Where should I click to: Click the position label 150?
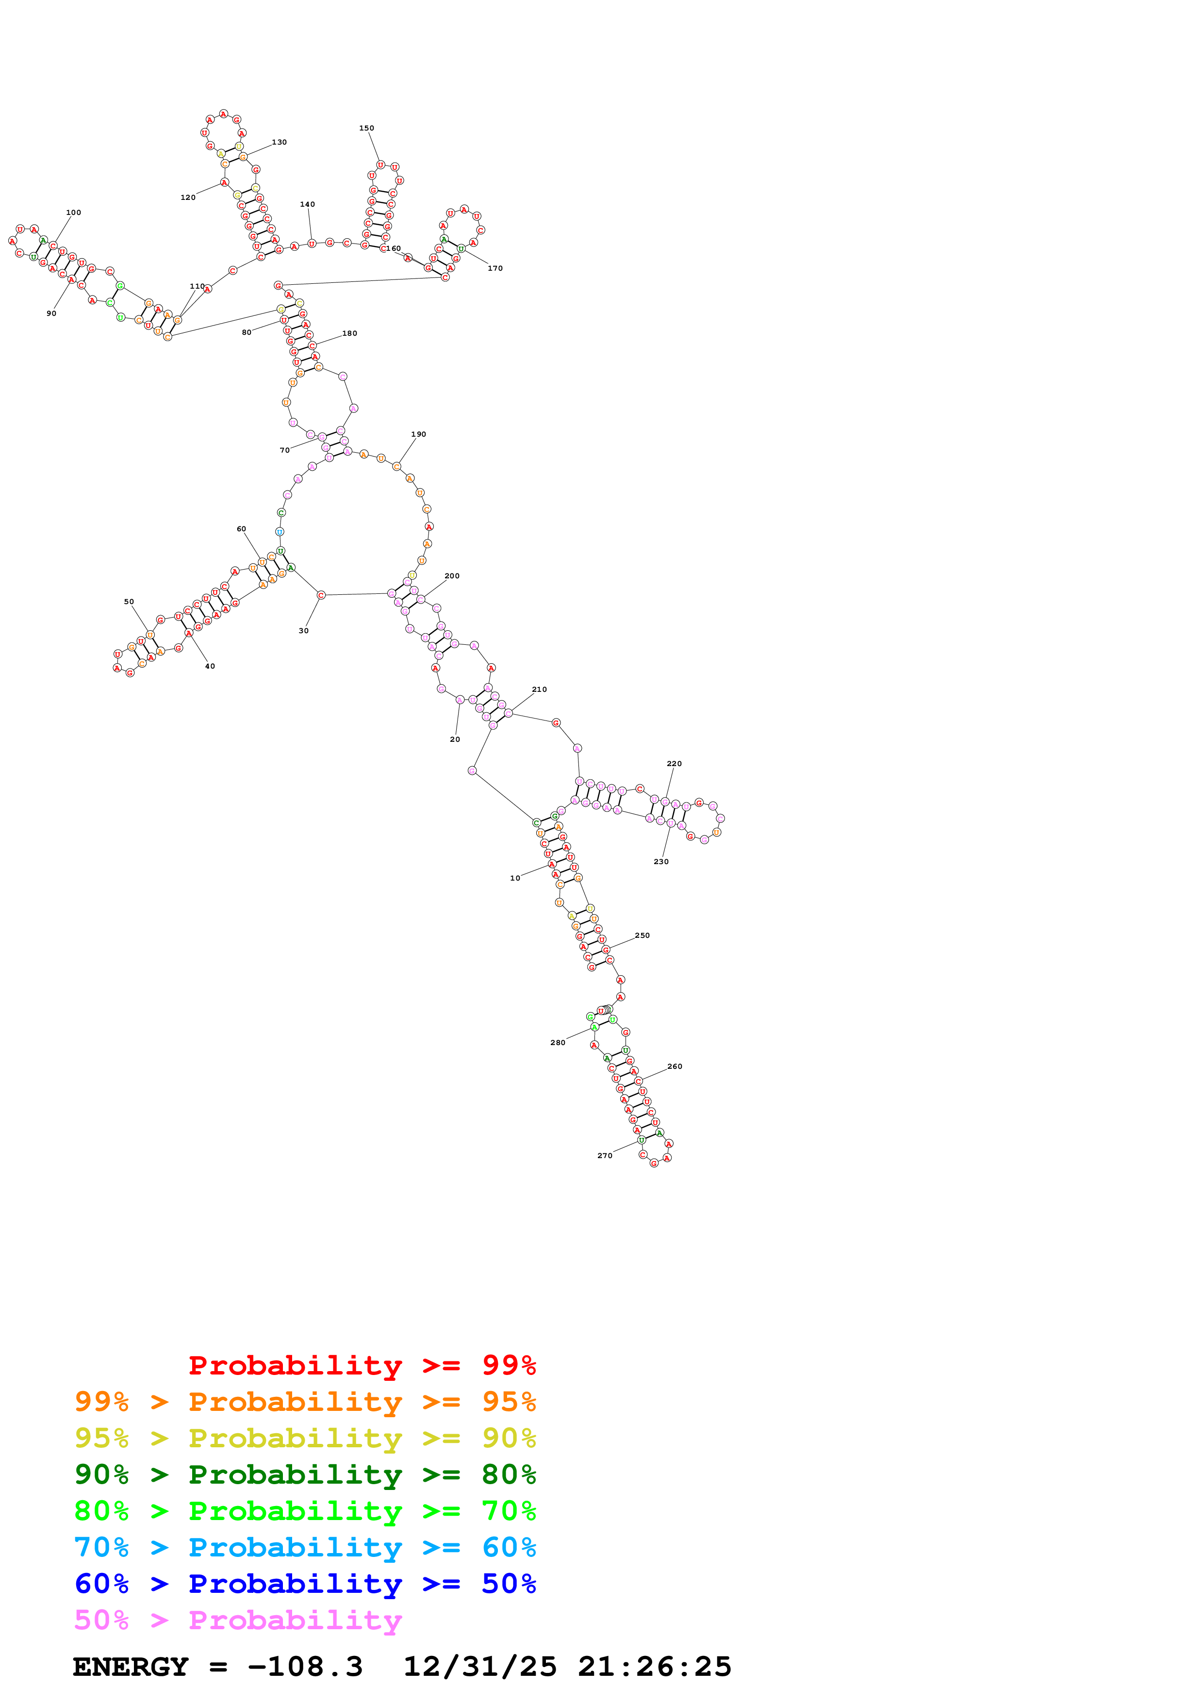pyautogui.click(x=366, y=128)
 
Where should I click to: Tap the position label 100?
pyautogui.click(x=73, y=213)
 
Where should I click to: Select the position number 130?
pyautogui.click(x=279, y=142)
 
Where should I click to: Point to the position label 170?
pyautogui.click(x=495, y=268)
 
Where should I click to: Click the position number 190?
pyautogui.click(x=418, y=434)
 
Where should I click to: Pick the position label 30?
pyautogui.click(x=303, y=631)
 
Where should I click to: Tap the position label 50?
pyautogui.click(x=129, y=602)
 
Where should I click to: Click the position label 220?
pyautogui.click(x=674, y=764)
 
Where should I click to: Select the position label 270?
pyautogui.click(x=605, y=1156)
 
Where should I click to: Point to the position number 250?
pyautogui.click(x=642, y=935)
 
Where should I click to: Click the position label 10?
pyautogui.click(x=515, y=879)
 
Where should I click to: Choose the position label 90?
pyautogui.click(x=51, y=313)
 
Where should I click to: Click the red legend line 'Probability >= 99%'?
pyautogui.click(x=362, y=1365)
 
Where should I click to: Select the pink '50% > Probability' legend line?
pyautogui.click(x=238, y=1620)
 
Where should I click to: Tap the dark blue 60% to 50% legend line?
pyautogui.click(x=305, y=1584)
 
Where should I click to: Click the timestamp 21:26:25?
pyautogui.click(x=655, y=1667)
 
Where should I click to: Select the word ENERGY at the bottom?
pyautogui.click(x=131, y=1667)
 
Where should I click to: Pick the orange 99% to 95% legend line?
pyautogui.click(x=305, y=1402)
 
